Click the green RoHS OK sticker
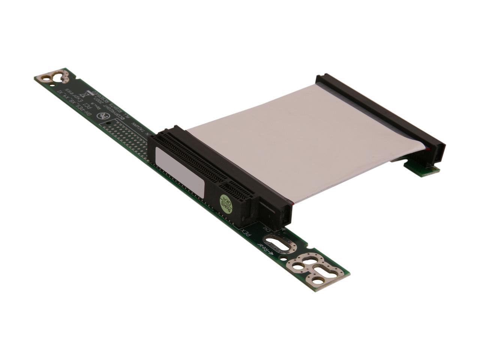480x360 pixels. [x=228, y=204]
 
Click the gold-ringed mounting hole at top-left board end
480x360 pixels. [x=46, y=78]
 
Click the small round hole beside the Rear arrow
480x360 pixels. [x=298, y=267]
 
